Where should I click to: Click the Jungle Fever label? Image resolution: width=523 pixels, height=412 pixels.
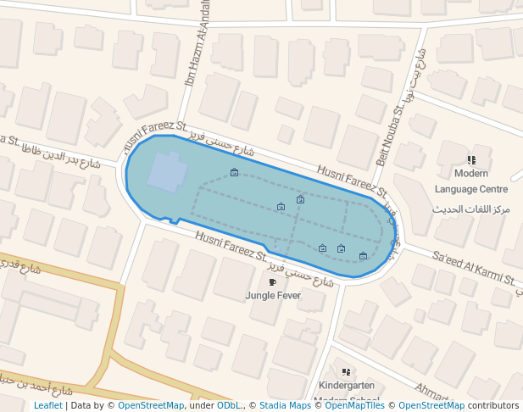point(273,296)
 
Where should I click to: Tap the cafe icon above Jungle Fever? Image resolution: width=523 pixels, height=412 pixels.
point(272,282)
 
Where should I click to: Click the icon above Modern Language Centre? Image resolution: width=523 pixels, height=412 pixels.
point(471,159)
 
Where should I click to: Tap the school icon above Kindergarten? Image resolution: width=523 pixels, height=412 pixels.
point(346,371)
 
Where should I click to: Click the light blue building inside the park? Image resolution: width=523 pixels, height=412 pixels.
point(167,173)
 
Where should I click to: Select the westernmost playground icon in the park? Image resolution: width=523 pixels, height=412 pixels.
point(234,173)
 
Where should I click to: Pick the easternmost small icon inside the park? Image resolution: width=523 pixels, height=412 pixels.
point(364,255)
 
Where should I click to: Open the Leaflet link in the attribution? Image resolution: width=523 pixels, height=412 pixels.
point(47,406)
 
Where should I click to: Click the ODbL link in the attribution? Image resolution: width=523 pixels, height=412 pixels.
point(229,406)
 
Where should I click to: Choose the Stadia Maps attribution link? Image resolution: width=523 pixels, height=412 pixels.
point(285,406)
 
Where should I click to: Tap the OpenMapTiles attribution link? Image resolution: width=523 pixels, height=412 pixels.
point(355,406)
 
